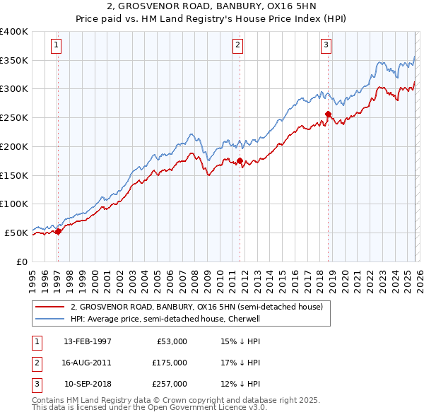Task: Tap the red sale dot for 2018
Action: coord(328,114)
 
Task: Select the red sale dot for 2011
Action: coord(240,161)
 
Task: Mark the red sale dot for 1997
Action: coord(58,231)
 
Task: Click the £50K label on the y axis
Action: coord(16,233)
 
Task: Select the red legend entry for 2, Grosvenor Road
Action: coord(196,307)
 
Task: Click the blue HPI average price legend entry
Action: coord(165,319)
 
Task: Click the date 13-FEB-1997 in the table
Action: coord(88,341)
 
